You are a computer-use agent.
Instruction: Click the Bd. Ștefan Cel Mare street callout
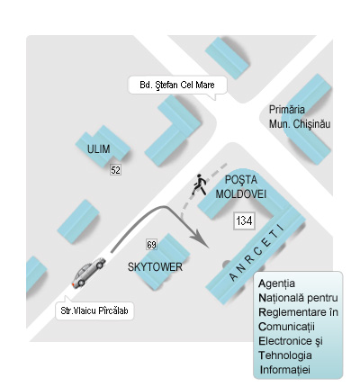click(177, 85)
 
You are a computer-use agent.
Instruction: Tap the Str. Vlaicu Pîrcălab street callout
click(94, 310)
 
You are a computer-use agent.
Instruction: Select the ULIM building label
click(98, 149)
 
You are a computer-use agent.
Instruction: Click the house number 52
click(115, 170)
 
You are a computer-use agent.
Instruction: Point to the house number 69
click(151, 245)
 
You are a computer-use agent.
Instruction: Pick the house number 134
click(244, 221)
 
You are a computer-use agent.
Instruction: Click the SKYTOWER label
click(155, 267)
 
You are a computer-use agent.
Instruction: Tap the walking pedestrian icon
click(199, 184)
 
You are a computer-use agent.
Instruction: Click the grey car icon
click(88, 273)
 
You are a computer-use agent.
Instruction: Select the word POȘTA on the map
click(241, 180)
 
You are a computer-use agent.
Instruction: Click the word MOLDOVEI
click(241, 194)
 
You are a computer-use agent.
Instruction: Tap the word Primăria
click(287, 110)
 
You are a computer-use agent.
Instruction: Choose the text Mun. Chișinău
click(300, 124)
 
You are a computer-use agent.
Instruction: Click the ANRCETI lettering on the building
click(256, 253)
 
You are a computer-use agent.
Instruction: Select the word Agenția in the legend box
click(276, 283)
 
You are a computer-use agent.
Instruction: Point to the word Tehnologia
click(285, 355)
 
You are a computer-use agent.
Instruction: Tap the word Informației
click(285, 370)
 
